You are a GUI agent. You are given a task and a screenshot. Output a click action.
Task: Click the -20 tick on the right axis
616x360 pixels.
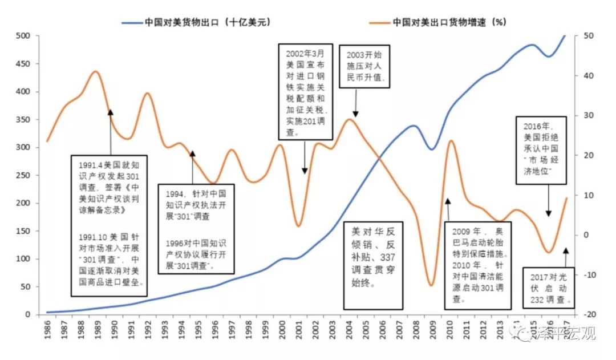(587, 315)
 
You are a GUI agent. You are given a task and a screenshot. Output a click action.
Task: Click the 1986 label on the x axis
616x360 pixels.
(50, 331)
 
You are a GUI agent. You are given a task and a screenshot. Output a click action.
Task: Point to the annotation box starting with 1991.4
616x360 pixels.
(109, 225)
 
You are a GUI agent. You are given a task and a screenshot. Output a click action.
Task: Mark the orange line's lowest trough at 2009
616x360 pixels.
(431, 285)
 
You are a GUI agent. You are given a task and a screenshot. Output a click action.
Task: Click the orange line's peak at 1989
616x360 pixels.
(96, 71)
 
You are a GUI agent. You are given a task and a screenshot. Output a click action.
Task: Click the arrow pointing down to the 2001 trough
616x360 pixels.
(305, 157)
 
